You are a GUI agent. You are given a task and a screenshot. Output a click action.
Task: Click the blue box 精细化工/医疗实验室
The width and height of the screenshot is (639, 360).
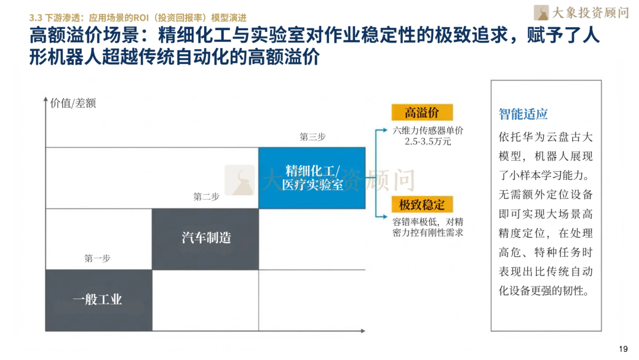312,178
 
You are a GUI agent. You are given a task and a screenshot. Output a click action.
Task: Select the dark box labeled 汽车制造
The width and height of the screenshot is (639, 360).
205,239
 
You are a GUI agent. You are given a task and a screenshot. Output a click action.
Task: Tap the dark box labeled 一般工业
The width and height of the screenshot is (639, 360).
98,299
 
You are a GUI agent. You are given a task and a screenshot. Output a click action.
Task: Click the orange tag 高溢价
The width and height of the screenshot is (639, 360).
421,112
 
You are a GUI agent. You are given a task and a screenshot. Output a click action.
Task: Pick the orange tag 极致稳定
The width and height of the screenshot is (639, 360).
421,205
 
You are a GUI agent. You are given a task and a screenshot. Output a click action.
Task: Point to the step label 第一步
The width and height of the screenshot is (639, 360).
97,258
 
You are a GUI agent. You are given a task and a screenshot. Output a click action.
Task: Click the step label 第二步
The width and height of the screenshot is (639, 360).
206,197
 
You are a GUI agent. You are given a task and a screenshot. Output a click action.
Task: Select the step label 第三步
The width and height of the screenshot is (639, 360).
312,137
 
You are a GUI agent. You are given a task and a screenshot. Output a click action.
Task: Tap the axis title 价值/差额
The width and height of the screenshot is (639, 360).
73,103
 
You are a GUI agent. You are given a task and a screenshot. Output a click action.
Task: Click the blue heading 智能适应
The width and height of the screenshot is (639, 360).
523,114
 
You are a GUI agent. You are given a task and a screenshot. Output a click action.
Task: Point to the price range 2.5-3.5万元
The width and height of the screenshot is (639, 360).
428,142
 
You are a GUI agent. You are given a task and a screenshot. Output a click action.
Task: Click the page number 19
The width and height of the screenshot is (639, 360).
622,349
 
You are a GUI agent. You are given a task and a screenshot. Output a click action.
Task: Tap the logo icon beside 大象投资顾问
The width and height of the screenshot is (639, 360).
541,12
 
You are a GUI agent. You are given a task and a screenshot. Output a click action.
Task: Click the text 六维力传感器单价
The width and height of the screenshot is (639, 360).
428,131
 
